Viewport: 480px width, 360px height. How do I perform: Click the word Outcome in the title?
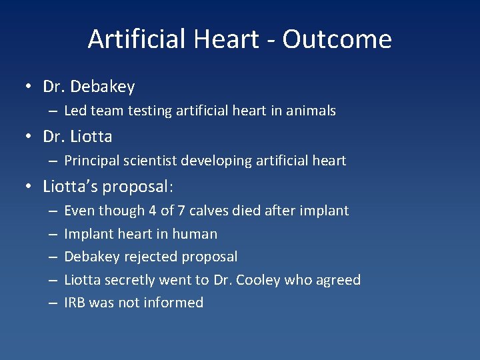[x=337, y=39]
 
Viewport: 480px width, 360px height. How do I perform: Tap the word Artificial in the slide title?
[x=137, y=39]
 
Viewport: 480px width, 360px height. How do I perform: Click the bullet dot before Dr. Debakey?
[x=31, y=87]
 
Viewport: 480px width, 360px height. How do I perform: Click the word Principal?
[x=91, y=161]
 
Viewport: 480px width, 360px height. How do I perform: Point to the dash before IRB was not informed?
[x=53, y=303]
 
